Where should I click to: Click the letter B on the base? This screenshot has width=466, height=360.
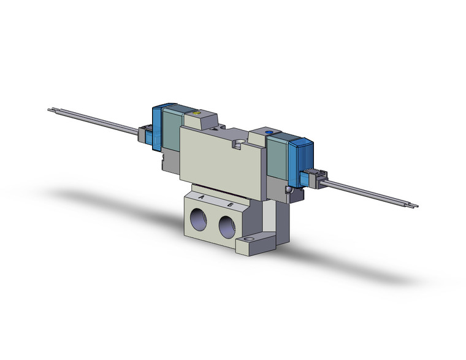pos(230,204)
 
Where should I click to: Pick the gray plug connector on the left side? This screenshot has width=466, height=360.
pos(145,131)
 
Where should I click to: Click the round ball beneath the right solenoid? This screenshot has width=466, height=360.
pos(288,191)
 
